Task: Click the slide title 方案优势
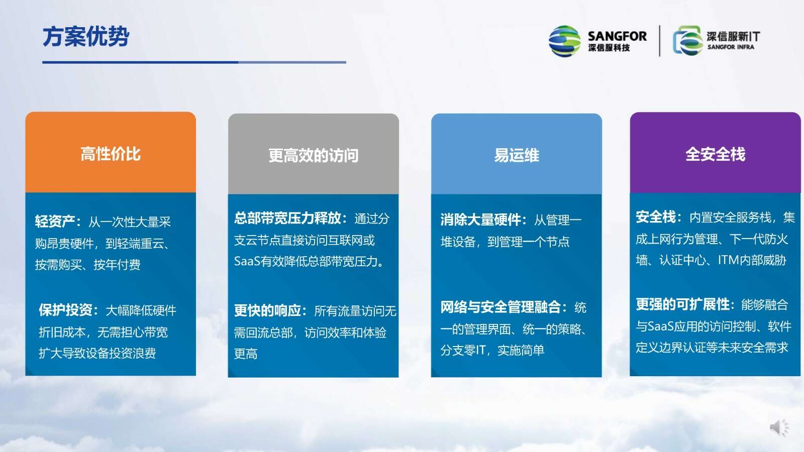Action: (x=86, y=36)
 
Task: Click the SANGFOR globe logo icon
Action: (x=565, y=41)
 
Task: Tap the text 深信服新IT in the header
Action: (x=733, y=36)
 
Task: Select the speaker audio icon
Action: (x=779, y=427)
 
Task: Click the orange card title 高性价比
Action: (x=111, y=154)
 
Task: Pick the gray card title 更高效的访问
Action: (x=314, y=155)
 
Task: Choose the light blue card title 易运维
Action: (x=517, y=155)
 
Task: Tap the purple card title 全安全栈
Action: (x=716, y=154)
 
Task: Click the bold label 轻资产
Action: (x=55, y=221)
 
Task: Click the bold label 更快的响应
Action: (x=267, y=310)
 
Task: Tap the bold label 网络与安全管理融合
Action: (x=500, y=307)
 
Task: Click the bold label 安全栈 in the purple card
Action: (x=656, y=216)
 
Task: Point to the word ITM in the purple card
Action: (x=729, y=260)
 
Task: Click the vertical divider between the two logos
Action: (x=660, y=41)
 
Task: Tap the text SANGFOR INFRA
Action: (x=731, y=47)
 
